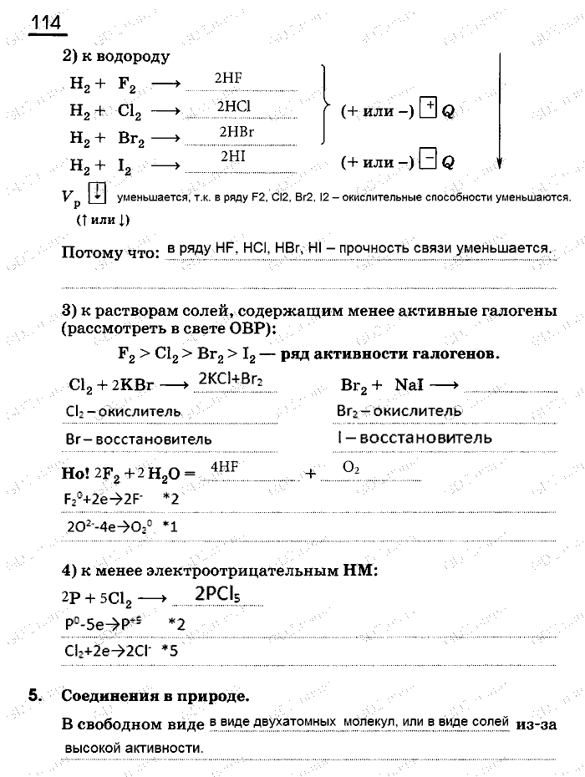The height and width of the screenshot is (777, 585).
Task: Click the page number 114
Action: [47, 23]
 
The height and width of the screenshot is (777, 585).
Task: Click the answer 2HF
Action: [228, 78]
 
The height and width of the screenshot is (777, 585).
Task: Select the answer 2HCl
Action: [233, 106]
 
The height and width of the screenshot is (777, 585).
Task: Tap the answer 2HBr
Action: [237, 132]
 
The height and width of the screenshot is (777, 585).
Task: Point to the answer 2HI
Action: [232, 156]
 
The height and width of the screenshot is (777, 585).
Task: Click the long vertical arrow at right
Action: [499, 109]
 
